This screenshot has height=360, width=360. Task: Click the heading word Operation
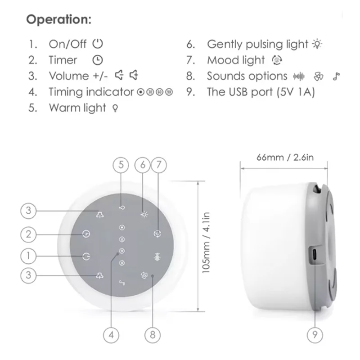tap(58, 20)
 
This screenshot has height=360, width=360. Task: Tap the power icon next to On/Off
tap(98, 44)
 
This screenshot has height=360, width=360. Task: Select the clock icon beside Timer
tap(97, 60)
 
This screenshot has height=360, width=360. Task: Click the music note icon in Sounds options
tap(335, 76)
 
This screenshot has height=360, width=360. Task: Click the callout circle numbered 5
tap(121, 165)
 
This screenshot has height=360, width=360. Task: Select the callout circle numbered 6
tap(143, 165)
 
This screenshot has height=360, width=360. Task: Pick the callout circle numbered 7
tap(157, 165)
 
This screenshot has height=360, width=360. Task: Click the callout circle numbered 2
tap(29, 234)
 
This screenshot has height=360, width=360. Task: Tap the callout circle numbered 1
tap(29, 256)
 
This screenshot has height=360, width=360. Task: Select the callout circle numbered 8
tap(152, 334)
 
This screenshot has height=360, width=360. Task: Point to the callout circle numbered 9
tap(314, 334)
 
